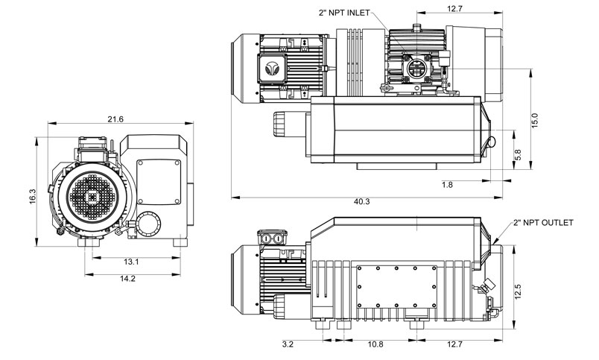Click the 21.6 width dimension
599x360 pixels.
pyautogui.click(x=115, y=119)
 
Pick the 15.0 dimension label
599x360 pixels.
pyautogui.click(x=533, y=120)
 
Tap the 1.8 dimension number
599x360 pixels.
pyautogui.click(x=447, y=184)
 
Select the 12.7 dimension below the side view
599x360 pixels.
pyautogui.click(x=455, y=345)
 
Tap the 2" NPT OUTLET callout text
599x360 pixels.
pyautogui.click(x=544, y=223)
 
